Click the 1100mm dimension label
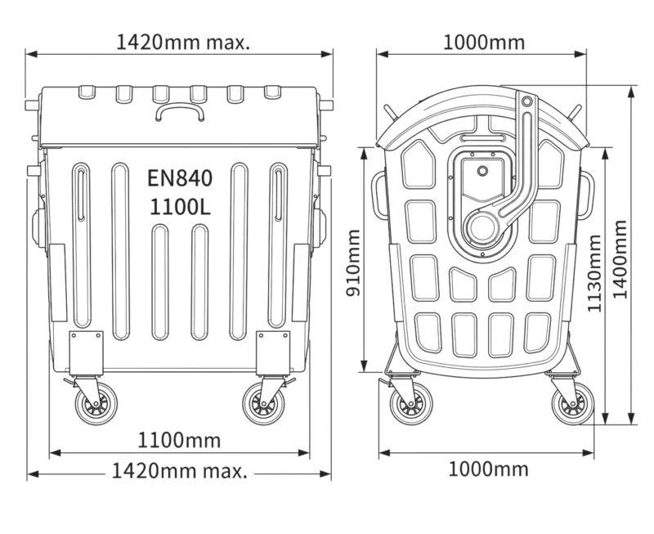[179, 440]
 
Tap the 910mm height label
[354, 263]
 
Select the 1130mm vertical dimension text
[594, 274]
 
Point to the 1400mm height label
[620, 259]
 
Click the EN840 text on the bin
[180, 177]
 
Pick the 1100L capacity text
[180, 207]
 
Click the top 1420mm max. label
[183, 43]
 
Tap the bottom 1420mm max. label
[180, 471]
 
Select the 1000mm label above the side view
[484, 43]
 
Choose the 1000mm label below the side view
[488, 469]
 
